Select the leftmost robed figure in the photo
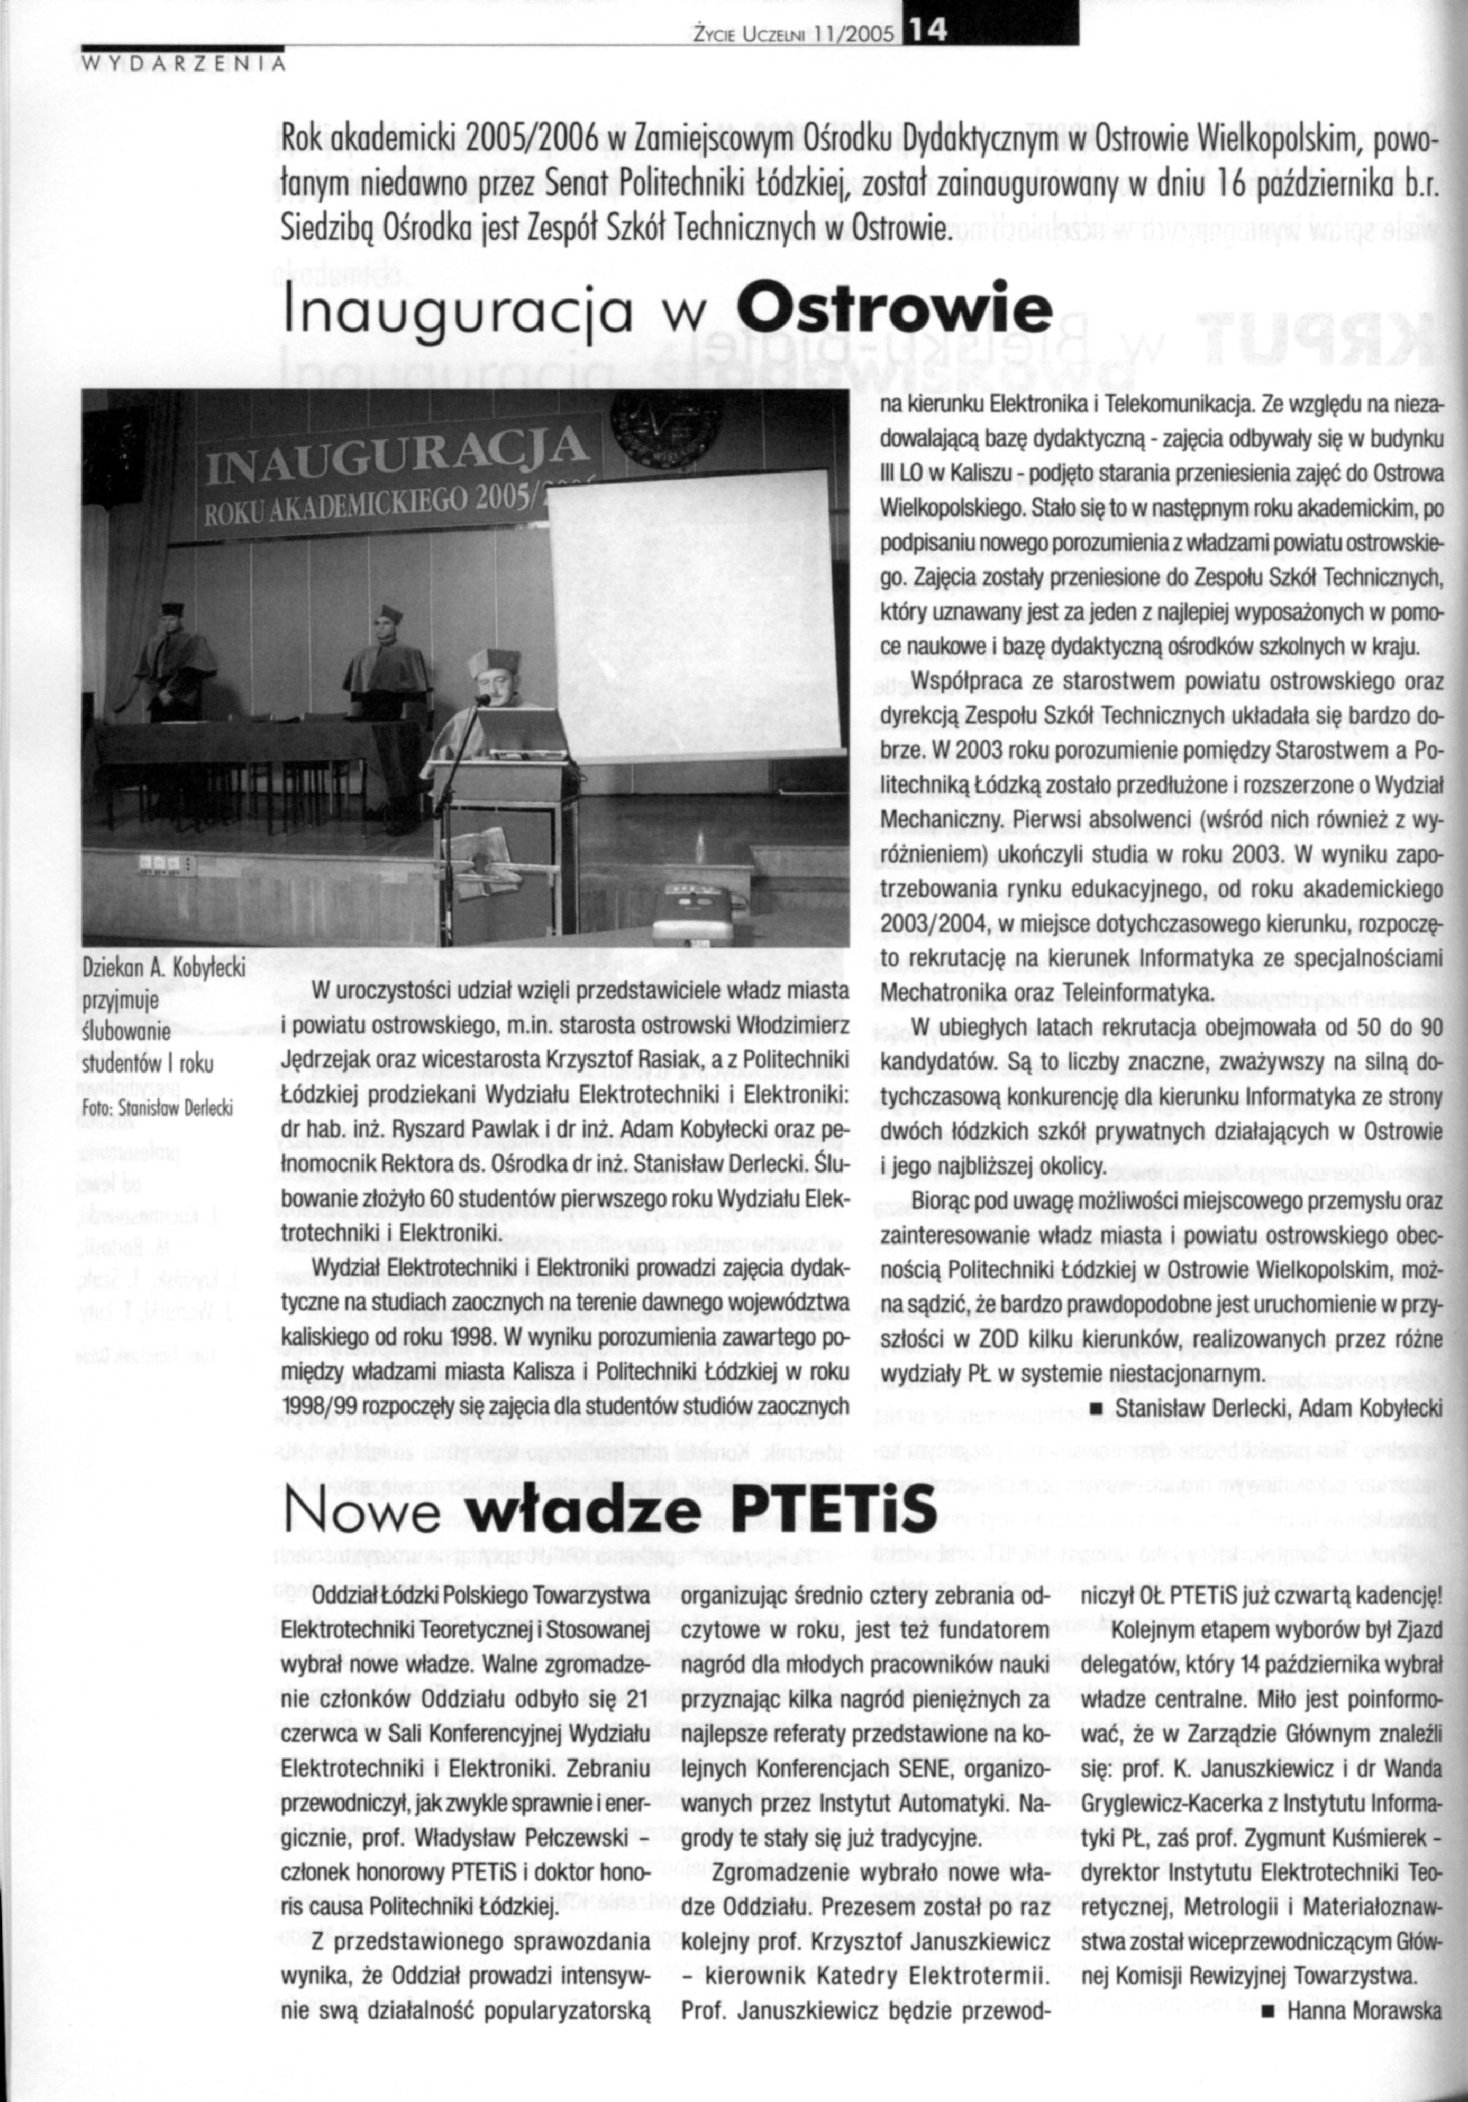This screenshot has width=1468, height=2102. (x=170, y=650)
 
